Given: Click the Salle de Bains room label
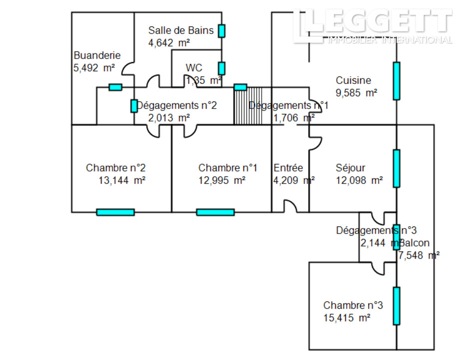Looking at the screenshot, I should point(181,30).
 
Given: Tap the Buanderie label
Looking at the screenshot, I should point(97,55).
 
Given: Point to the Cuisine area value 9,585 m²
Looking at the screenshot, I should point(356,92).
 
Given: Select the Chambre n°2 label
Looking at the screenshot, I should point(115,168).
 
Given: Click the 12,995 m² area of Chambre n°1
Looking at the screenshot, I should point(222,180).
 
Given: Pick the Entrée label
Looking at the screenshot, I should point(288,168).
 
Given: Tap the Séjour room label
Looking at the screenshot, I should point(350,168).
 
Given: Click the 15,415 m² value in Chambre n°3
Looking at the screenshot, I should point(347,318).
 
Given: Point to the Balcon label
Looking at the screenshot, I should point(414,243).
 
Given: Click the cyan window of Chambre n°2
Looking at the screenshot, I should point(115,212).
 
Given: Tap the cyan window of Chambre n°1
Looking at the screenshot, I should point(215,212).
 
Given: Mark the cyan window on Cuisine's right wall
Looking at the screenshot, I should point(397,81).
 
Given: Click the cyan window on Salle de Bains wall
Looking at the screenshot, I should point(221,30).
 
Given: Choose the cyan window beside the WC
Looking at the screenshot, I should point(221,68).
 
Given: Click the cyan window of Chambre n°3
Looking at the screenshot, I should point(397,305).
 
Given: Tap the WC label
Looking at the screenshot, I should point(194,68).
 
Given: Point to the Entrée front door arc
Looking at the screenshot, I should point(290,206).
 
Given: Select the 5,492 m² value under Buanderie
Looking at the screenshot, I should point(94,68).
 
